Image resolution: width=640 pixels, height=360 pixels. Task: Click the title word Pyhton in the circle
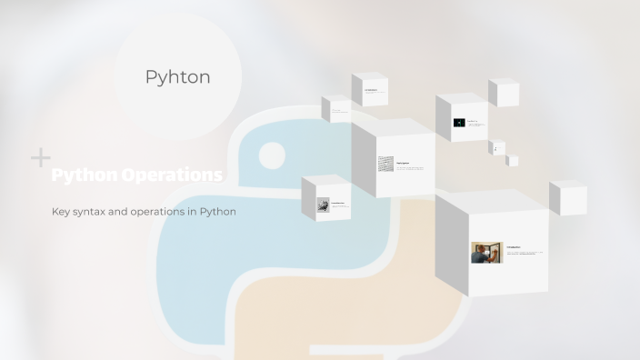177,77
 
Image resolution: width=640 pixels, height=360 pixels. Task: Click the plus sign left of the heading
41,158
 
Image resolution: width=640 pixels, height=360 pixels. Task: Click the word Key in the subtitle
62,212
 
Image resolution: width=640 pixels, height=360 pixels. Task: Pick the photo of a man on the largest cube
486,252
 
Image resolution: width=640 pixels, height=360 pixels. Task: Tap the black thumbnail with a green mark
459,123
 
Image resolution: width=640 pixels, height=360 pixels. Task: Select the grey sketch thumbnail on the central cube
386,165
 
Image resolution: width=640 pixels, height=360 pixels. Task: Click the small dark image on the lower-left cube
323,206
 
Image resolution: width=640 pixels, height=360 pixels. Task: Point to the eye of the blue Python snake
271,155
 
